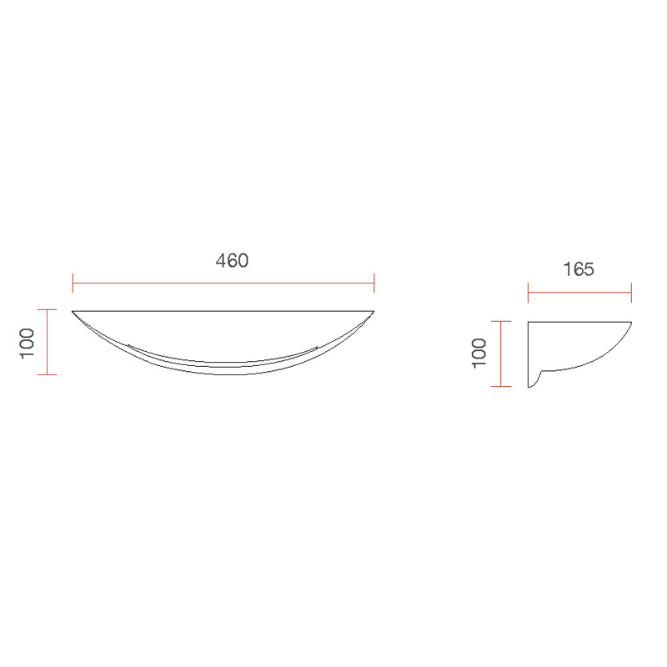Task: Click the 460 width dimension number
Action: click(x=233, y=260)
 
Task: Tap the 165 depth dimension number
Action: click(x=578, y=269)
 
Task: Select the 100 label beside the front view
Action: click(x=28, y=343)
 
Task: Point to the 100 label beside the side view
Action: click(x=479, y=354)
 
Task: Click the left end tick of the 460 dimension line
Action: click(x=73, y=283)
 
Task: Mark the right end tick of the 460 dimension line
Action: click(x=374, y=283)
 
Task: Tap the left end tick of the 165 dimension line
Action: click(x=528, y=292)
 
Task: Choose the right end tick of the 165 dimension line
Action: click(x=631, y=292)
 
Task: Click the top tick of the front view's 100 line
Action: click(x=48, y=310)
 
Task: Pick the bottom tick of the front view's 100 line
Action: click(x=48, y=374)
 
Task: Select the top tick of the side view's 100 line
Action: click(x=500, y=321)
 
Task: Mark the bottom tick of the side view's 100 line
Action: click(x=500, y=387)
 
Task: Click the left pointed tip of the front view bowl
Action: click(x=73, y=311)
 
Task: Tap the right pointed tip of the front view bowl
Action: click(x=374, y=311)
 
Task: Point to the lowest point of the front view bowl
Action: click(x=223, y=374)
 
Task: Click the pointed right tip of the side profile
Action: click(x=630, y=322)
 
